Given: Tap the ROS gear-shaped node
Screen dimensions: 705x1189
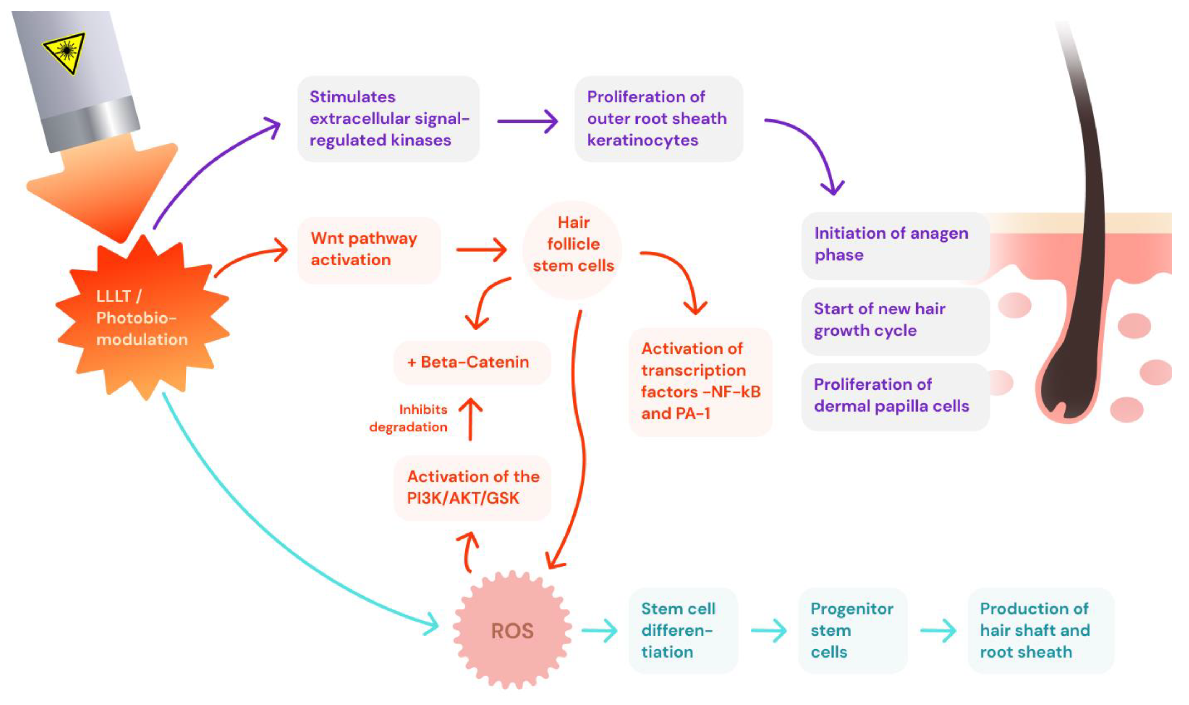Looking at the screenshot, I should [x=512, y=631].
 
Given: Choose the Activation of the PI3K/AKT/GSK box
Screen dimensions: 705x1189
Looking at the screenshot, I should [x=472, y=487].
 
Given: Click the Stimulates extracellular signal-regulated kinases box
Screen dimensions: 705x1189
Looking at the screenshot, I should [x=388, y=119].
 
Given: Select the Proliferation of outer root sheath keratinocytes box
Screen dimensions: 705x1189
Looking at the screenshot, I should [x=658, y=119].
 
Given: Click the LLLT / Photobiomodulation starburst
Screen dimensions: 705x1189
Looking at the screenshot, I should [x=141, y=317].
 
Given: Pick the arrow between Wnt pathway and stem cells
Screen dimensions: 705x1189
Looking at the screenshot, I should [x=482, y=250].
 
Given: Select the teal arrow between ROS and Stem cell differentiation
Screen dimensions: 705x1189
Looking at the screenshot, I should [x=599, y=631].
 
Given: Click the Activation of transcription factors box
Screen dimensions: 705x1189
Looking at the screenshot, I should [x=700, y=381].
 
